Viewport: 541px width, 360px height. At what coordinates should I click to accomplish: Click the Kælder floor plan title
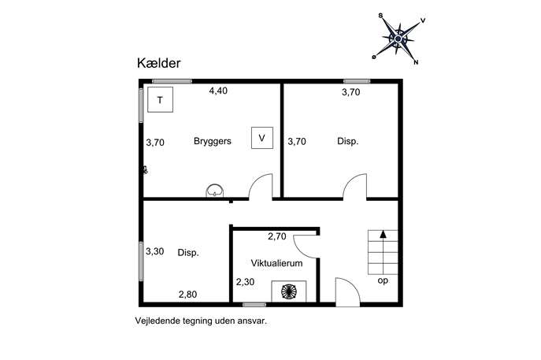tap(159, 63)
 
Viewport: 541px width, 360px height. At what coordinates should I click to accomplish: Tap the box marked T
tap(160, 100)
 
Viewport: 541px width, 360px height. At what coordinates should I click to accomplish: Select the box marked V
tap(262, 138)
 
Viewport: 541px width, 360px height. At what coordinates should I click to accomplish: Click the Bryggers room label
tap(213, 141)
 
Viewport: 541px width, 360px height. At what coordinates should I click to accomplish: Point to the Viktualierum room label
tap(276, 263)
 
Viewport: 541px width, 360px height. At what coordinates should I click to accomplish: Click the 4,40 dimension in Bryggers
tap(218, 91)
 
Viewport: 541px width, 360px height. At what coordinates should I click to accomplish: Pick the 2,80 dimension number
tap(187, 295)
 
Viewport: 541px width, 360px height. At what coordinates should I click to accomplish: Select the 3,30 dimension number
tap(154, 251)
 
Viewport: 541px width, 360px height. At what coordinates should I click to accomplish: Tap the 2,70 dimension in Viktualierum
tap(277, 236)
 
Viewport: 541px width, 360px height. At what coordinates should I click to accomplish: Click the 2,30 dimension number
tap(246, 282)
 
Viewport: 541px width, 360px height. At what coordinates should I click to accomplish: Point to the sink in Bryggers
tap(215, 191)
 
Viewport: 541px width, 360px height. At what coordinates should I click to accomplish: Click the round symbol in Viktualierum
tap(289, 291)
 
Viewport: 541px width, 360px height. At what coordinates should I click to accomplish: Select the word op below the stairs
tap(383, 280)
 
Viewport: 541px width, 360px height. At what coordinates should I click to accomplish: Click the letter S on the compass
tap(380, 16)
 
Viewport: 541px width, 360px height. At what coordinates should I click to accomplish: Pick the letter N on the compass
tap(416, 62)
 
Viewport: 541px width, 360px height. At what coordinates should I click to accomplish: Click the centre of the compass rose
tap(398, 39)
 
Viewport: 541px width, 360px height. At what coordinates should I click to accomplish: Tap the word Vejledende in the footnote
tap(153, 321)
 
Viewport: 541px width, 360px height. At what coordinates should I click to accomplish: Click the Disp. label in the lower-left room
tap(188, 253)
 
